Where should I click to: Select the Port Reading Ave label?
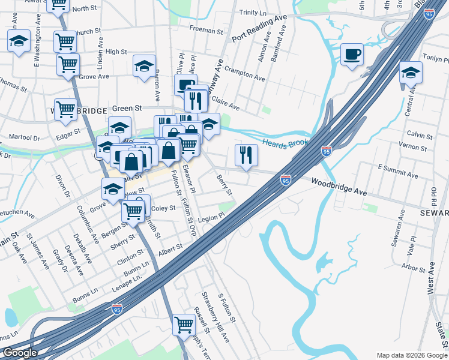point(259,28)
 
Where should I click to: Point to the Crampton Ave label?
point(246,79)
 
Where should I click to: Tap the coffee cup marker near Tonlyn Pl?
point(352,55)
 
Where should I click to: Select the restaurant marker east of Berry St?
point(246,155)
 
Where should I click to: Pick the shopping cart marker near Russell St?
point(184,325)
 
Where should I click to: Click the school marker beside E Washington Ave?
point(19,41)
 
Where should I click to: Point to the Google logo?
point(20,353)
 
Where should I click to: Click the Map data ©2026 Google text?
point(412,355)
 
